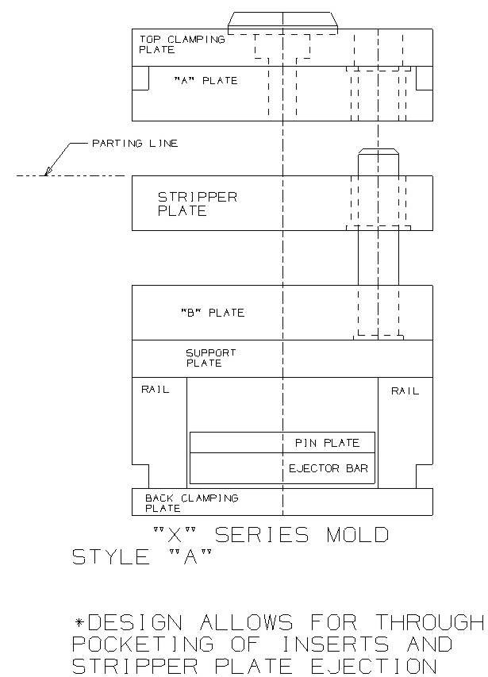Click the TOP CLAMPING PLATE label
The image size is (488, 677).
click(182, 44)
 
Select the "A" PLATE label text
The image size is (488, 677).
click(206, 81)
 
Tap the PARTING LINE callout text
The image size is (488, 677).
click(135, 144)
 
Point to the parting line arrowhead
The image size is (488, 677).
click(48, 171)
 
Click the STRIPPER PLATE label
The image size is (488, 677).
click(198, 204)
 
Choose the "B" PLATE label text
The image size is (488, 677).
click(213, 313)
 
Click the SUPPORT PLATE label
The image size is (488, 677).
click(210, 358)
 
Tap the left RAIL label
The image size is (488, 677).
click(156, 390)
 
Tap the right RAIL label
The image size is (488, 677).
click(405, 391)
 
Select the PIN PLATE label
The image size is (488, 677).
click(327, 443)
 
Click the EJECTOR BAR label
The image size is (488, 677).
click(329, 468)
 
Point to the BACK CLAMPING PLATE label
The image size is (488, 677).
click(191, 503)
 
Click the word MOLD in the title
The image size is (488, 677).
click(358, 535)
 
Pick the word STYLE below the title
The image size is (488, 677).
click(111, 557)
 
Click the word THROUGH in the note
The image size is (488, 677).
click(430, 622)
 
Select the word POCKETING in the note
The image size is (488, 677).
click(142, 644)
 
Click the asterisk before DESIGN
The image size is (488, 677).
click(79, 622)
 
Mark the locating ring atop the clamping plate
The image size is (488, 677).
click(282, 23)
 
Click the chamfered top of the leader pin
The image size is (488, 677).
click(378, 151)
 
